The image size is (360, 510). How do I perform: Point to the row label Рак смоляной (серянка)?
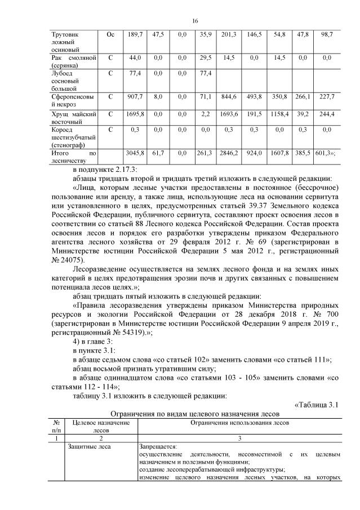click(73, 61)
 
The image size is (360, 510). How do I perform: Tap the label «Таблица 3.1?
click(316, 404)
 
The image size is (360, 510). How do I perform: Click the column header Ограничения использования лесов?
click(239, 422)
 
